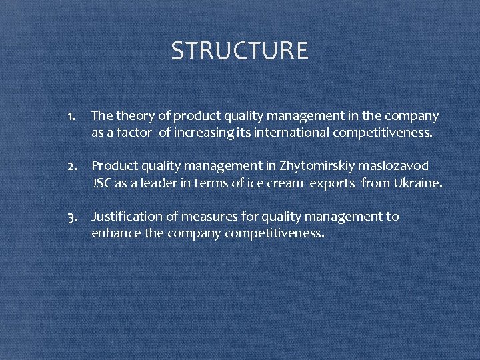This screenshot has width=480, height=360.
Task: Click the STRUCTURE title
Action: pyautogui.click(x=239, y=51)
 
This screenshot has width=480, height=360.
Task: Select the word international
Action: pyautogui.click(x=285, y=133)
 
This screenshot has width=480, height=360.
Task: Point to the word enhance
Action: pyautogui.click(x=114, y=233)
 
